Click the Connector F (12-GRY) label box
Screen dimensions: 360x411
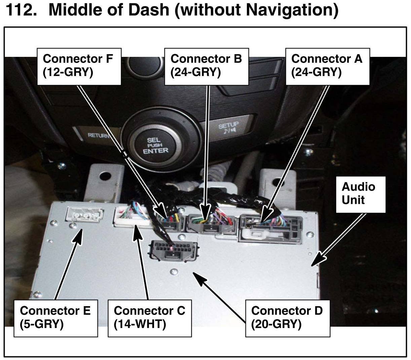pyautogui.click(x=79, y=66)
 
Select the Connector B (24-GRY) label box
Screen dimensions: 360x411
pyautogui.click(x=207, y=66)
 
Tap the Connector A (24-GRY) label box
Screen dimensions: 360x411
pyautogui.click(x=327, y=66)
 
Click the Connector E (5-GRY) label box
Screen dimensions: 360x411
pyautogui.click(x=55, y=318)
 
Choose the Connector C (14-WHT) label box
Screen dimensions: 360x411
pyautogui.click(x=150, y=318)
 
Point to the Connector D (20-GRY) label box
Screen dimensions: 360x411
pyautogui.click(x=288, y=318)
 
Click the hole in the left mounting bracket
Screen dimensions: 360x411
pyautogui.click(x=105, y=175)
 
